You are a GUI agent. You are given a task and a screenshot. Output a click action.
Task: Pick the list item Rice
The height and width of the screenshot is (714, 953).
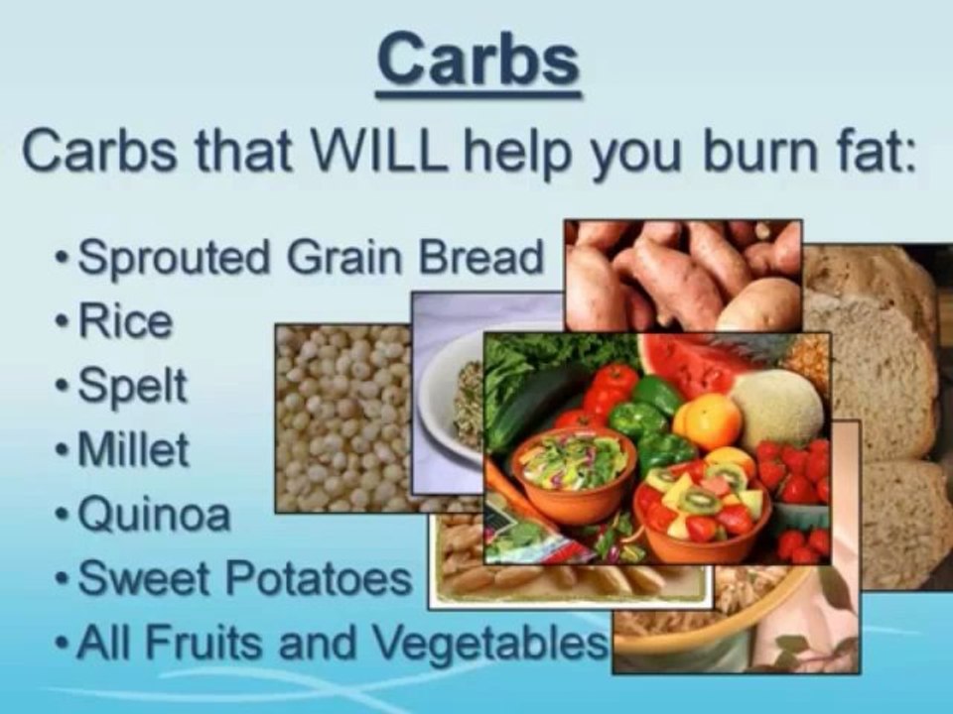124,323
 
